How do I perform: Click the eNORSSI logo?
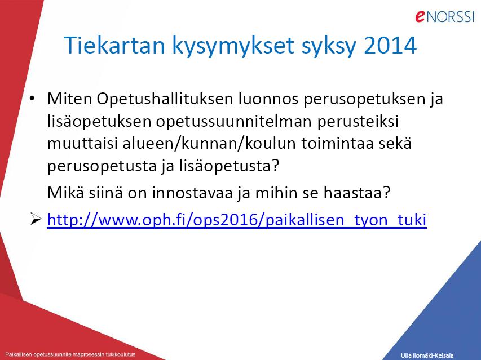[x=445, y=16]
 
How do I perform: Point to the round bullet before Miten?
[x=32, y=99]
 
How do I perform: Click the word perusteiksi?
[x=358, y=122]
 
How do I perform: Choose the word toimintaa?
[x=337, y=144]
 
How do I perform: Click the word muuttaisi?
[x=82, y=144]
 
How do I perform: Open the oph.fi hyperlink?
[x=237, y=220]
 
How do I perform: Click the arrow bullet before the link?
[x=36, y=219]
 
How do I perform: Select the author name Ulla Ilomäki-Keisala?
[x=427, y=355]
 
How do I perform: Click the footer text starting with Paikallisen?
[x=70, y=354]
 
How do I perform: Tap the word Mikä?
[x=65, y=193]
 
